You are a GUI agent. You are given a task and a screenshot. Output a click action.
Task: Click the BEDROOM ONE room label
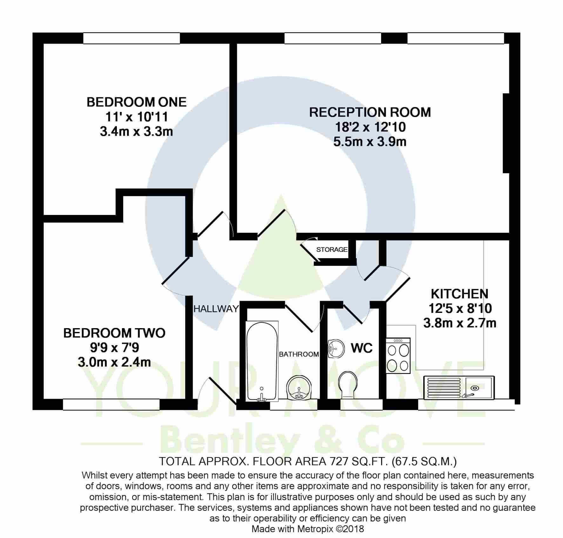click(x=137, y=102)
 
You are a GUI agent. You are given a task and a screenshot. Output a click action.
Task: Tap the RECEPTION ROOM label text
click(x=370, y=112)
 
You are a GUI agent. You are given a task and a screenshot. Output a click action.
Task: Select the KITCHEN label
click(x=459, y=294)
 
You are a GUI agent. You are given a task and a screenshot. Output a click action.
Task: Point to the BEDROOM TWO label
click(x=114, y=333)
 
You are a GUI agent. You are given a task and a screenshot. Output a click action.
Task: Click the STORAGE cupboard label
click(x=332, y=250)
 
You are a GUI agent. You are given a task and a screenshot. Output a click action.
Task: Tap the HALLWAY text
click(x=216, y=308)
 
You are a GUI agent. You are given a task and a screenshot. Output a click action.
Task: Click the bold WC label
click(x=361, y=348)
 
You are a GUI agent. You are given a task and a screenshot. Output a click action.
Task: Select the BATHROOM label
click(x=299, y=354)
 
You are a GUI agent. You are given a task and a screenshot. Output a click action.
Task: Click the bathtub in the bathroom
click(x=262, y=361)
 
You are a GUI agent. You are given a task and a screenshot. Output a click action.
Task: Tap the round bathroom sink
click(x=299, y=388)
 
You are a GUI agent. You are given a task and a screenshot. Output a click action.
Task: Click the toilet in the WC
click(x=348, y=385)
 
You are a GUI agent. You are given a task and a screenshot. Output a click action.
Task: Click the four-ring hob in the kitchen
click(x=398, y=355)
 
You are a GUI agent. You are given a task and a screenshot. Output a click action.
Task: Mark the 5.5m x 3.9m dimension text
click(x=370, y=141)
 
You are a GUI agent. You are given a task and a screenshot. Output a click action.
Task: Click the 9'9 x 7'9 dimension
click(x=114, y=348)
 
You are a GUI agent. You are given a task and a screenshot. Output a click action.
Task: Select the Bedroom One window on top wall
click(x=131, y=38)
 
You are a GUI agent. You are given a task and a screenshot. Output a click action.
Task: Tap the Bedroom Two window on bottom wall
click(x=111, y=404)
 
